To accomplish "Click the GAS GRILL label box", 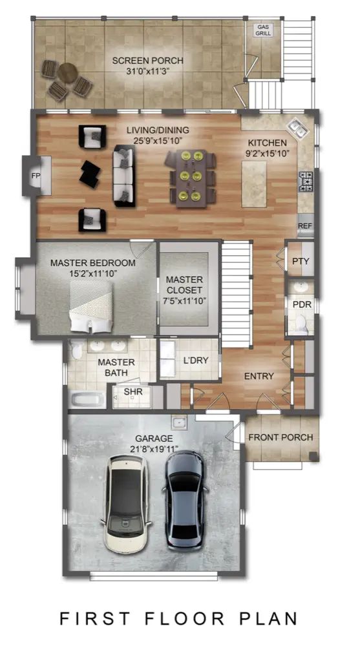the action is coord(262,30).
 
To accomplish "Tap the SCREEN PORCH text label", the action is coord(147,61).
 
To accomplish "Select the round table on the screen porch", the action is coord(67,74).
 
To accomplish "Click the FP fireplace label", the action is coord(36,176).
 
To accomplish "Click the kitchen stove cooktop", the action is coord(306,182).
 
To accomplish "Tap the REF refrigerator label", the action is coord(305,225).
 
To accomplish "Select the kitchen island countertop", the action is coord(254,183).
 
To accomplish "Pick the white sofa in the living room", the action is coord(124,176).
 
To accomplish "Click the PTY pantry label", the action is coord(301,261).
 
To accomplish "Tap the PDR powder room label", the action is coord(302,306).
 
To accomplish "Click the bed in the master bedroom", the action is coord(91,306).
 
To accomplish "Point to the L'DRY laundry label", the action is coord(196,360).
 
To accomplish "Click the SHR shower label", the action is coord(133,391).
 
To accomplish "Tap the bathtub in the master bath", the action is coord(87,400).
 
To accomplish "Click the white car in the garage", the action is coord(126,504).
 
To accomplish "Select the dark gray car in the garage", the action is coord(185,501).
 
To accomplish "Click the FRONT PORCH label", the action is coord(281,437).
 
